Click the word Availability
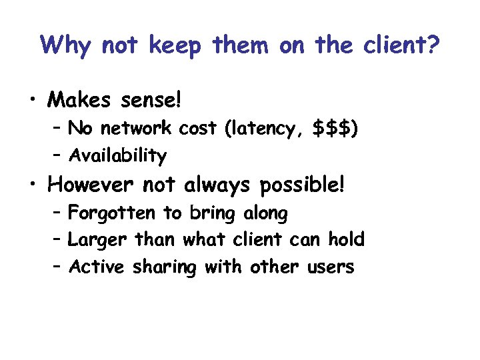118,156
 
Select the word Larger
99,239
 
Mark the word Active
97,267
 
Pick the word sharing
165,267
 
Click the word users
331,267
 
